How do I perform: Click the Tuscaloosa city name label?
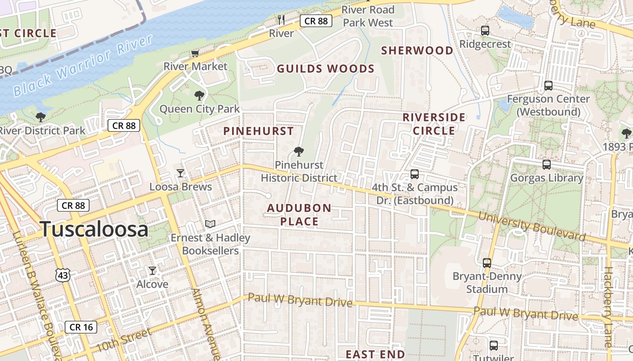[94, 229]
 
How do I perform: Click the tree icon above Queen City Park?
[199, 96]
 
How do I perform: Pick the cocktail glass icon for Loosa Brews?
[180, 173]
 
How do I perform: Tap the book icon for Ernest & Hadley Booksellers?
[210, 224]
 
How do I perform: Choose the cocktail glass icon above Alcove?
[152, 271]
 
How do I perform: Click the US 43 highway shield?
[63, 274]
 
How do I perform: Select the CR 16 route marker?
[81, 327]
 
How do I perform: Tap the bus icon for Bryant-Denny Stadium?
[487, 263]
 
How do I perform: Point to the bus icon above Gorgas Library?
[547, 164]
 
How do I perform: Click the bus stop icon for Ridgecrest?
[485, 31]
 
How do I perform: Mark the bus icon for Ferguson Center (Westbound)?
[548, 85]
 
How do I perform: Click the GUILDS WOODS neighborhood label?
[326, 69]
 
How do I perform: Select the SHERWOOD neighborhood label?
[417, 51]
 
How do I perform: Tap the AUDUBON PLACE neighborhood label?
[299, 215]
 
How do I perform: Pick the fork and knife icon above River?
[281, 19]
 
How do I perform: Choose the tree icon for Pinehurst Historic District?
[298, 152]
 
